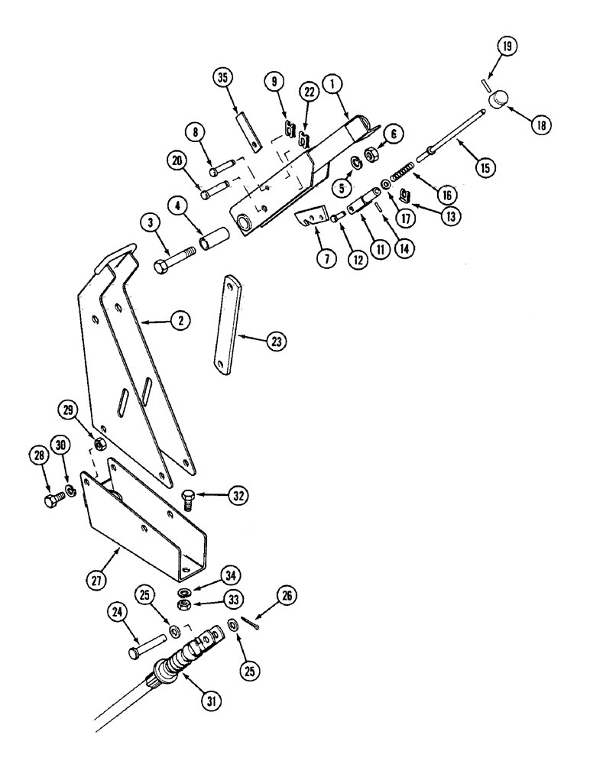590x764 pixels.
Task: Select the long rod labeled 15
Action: [451, 131]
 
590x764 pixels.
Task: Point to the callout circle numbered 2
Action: [180, 322]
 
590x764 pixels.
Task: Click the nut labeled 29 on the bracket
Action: [99, 445]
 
